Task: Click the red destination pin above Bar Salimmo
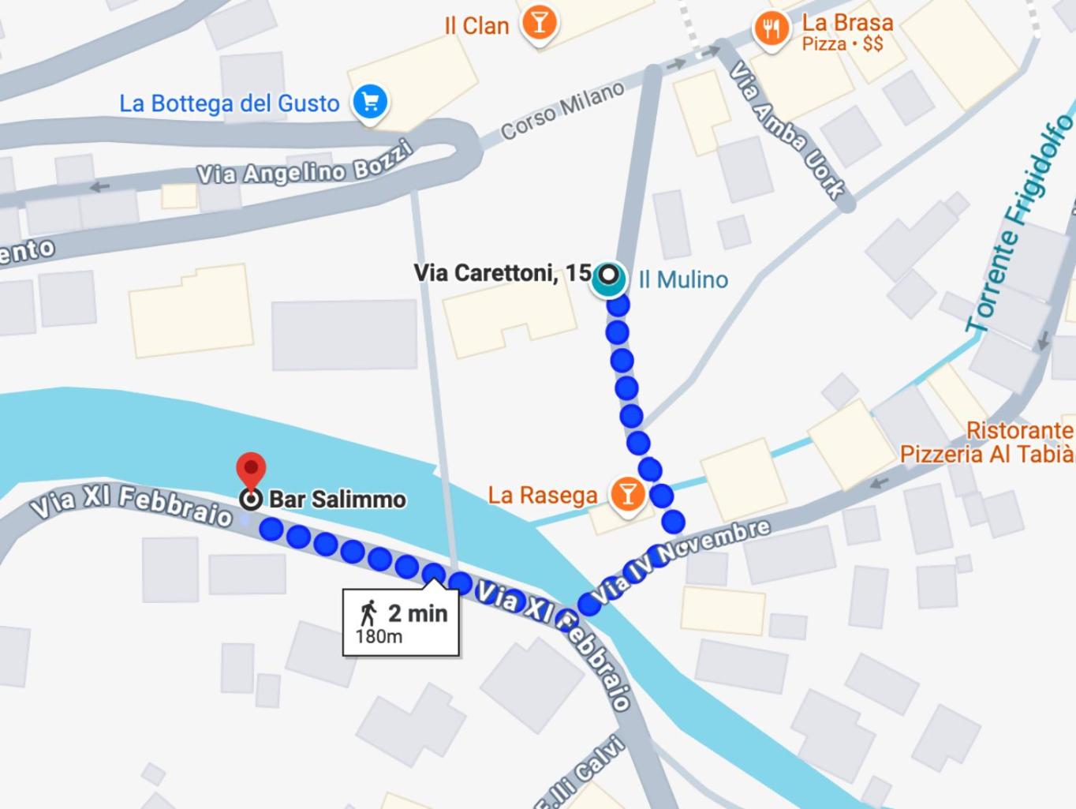(x=252, y=470)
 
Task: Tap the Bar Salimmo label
(x=338, y=500)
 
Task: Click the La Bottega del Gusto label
(x=229, y=103)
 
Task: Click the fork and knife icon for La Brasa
(x=772, y=29)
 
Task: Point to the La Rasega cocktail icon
(x=628, y=494)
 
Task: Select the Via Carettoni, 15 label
(x=503, y=273)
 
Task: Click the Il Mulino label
(x=683, y=279)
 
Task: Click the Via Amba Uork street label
(x=786, y=130)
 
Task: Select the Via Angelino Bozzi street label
(x=304, y=164)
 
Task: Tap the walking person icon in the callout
(x=368, y=612)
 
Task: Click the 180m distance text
(x=379, y=636)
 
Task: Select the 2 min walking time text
(x=417, y=613)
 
